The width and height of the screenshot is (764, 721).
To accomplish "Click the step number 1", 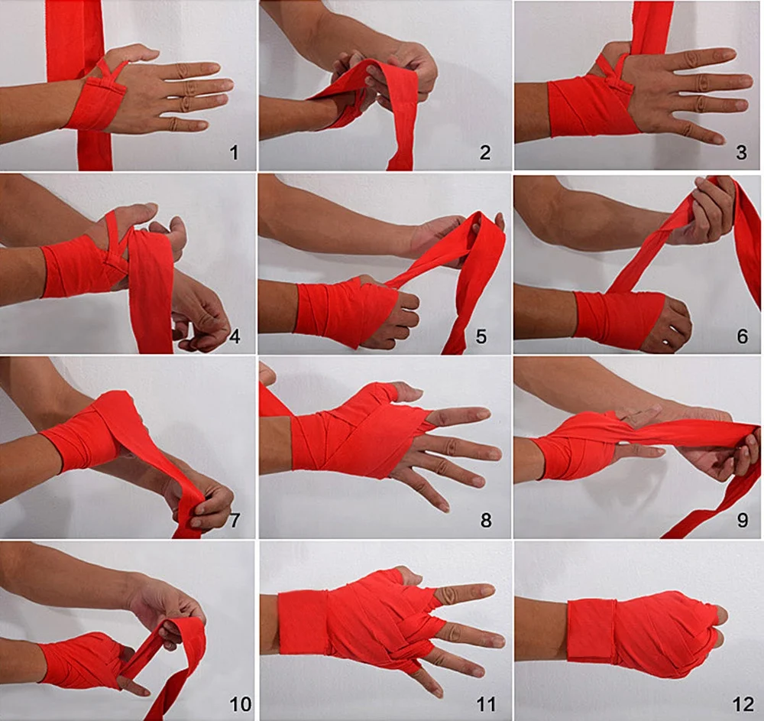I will pos(234,153).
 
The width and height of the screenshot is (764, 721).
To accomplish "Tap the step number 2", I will pos(485,153).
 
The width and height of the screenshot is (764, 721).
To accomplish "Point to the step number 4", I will pos(235,336).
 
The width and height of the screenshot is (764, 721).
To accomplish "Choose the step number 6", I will pos(741,336).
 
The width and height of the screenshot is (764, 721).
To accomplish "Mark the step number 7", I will pos(235,521).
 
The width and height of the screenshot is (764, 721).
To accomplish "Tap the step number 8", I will pos(485,521).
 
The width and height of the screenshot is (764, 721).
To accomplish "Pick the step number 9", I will pos(741,521).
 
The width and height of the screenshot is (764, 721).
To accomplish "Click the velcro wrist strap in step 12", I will pos(592,631).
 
